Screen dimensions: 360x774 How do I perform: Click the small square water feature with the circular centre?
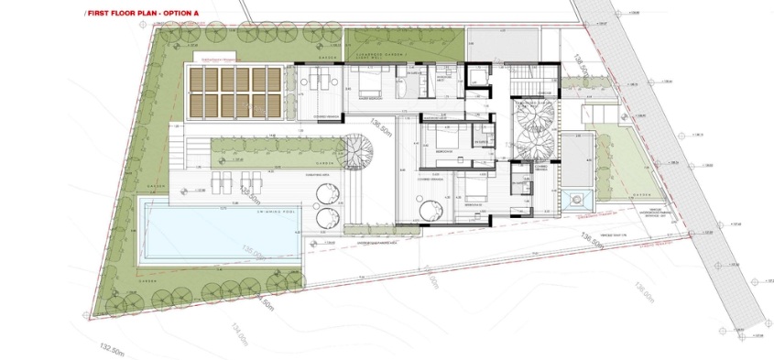pos(574,199)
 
